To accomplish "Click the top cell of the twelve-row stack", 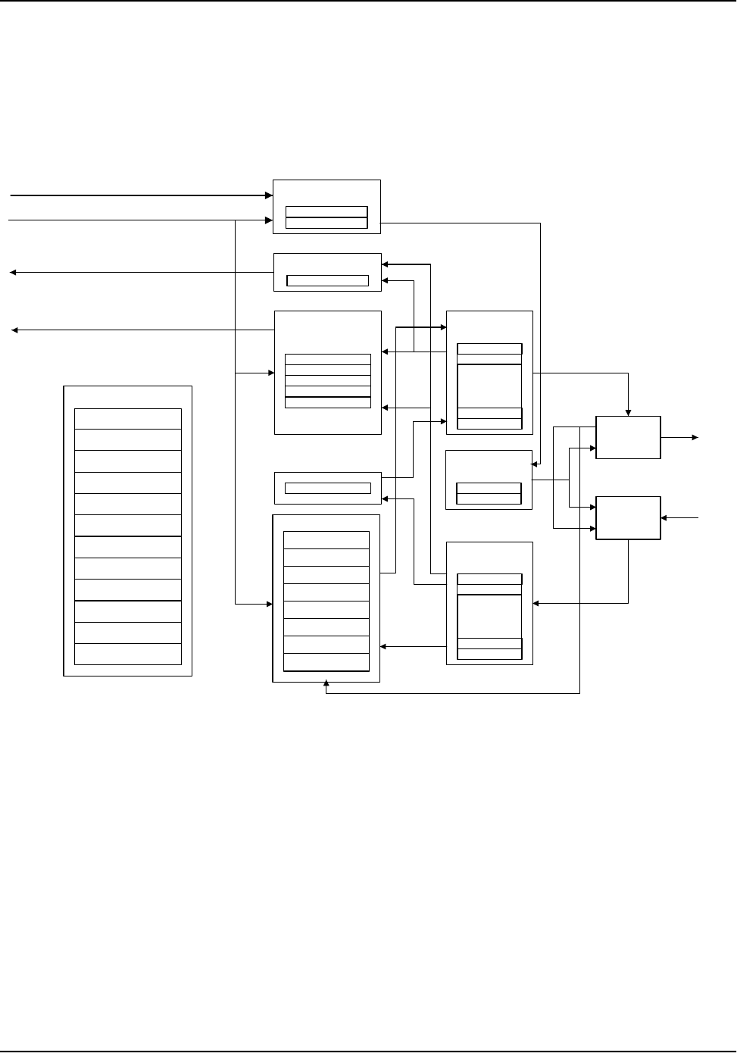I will coord(128,419).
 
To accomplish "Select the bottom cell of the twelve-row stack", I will coord(128,654).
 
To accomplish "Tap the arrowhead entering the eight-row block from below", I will coord(326,685).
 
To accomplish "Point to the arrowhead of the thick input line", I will coord(268,195).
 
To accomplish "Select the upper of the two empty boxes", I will coord(628,437).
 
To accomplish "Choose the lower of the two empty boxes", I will coord(628,518).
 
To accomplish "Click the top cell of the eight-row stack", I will coord(326,540).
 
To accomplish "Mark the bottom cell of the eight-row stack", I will coord(326,662).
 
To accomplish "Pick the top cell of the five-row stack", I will coord(327,359).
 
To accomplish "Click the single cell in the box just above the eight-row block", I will coord(327,488).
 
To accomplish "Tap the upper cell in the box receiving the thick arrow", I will coord(326,211).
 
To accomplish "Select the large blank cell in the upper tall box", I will coord(489,386).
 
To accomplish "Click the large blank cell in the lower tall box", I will coord(489,616).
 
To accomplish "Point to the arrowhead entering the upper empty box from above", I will coord(628,413).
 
